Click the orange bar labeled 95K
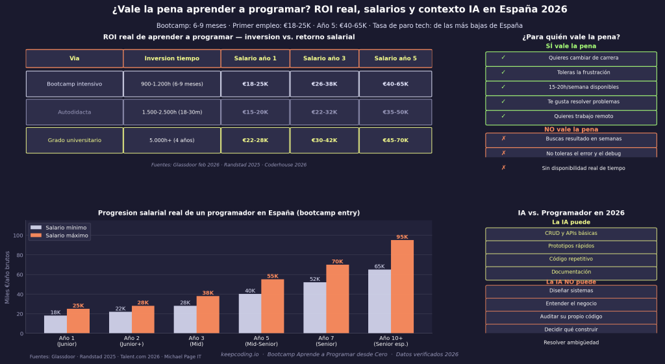pyautogui.click(x=402, y=286)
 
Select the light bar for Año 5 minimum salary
pyautogui.click(x=250, y=313)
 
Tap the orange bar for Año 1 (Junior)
pyautogui.click(x=78, y=321)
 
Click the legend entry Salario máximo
pyautogui.click(x=66, y=236)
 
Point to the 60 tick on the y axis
pyautogui.click(x=21, y=274)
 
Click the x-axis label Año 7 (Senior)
pyautogui.click(x=326, y=341)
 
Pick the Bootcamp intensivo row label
pyautogui.click(x=74, y=84)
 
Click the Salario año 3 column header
pyautogui.click(x=324, y=58)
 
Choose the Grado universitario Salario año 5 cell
pyautogui.click(x=395, y=140)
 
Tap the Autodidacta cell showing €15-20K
pyautogui.click(x=255, y=112)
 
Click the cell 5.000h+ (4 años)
pyautogui.click(x=171, y=140)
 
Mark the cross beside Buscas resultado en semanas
pyautogui.click(x=503, y=139)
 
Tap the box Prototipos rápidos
pyautogui.click(x=570, y=247)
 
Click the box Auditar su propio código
pyautogui.click(x=570, y=317)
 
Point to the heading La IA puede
pyautogui.click(x=570, y=223)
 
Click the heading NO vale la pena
pyautogui.click(x=571, y=129)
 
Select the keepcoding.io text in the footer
pyautogui.click(x=240, y=355)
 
